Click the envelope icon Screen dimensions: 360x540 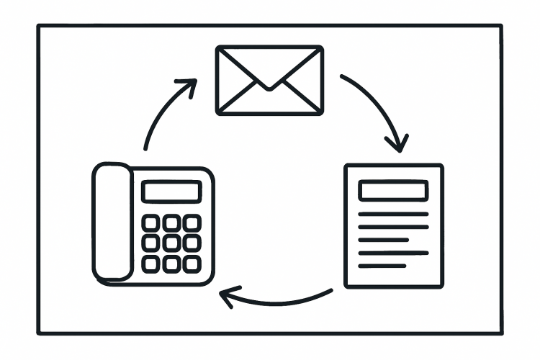click(269, 79)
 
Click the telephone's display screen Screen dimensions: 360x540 click(171, 192)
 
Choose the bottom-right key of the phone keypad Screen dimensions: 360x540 click(191, 264)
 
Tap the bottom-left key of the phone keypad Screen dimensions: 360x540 click(151, 264)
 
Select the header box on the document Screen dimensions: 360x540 click(393, 191)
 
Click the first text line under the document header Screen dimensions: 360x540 click(393, 214)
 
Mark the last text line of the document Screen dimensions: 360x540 click(382, 266)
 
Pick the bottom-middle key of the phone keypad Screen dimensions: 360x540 click(171, 264)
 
